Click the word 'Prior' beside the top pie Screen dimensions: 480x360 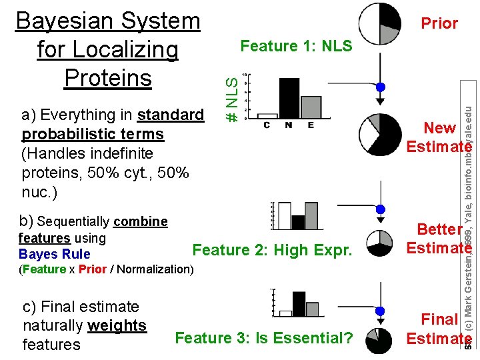click(439, 23)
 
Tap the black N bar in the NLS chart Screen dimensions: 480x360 click(289, 98)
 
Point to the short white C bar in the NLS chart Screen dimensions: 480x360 click(267, 116)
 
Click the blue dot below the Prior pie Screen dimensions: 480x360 click(380, 87)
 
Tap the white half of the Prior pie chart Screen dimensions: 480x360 click(369, 24)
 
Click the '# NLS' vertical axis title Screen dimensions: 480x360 click(231, 98)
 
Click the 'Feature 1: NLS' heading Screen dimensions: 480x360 click(296, 46)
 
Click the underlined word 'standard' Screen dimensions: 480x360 click(170, 115)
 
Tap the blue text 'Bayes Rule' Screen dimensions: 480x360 click(55, 254)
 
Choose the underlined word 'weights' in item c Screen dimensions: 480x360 click(117, 325)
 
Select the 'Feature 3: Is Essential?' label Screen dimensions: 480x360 click(263, 338)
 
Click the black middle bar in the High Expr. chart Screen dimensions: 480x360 click(298, 221)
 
